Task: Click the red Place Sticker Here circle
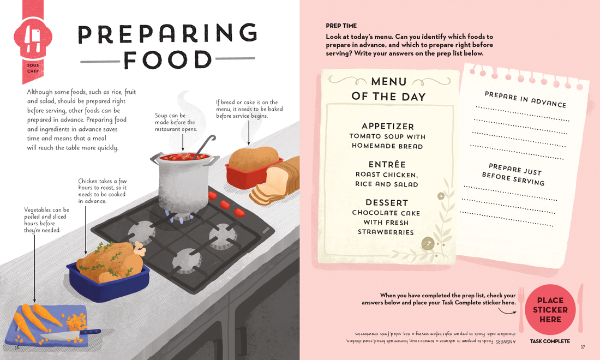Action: [x=550, y=309]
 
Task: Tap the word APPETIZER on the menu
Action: [x=388, y=126]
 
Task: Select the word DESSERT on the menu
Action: [x=387, y=202]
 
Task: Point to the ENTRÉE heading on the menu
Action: [x=387, y=164]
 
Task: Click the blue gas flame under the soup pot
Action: [x=180, y=215]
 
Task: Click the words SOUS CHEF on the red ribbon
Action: [x=33, y=68]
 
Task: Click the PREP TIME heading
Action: [x=341, y=26]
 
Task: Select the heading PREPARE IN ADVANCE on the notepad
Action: [x=525, y=99]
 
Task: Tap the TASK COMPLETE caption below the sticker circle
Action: [x=550, y=341]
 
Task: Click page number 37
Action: [x=583, y=347]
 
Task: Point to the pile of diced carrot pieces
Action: [x=76, y=322]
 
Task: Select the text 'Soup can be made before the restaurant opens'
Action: [x=176, y=122]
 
